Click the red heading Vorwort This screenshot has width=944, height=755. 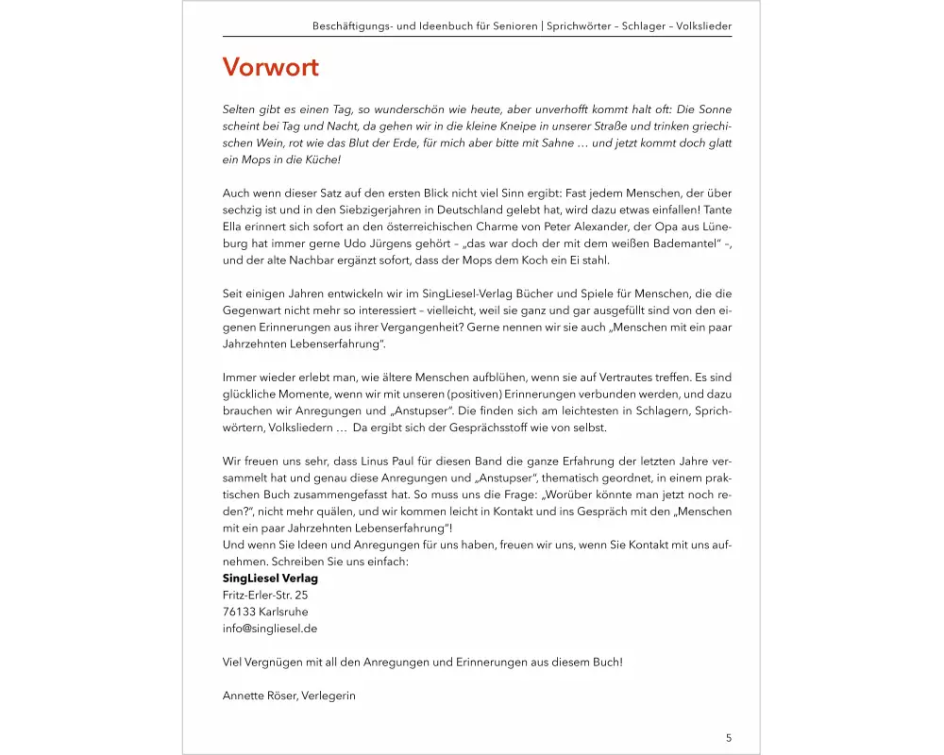[x=270, y=68]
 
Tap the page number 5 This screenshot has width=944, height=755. [x=729, y=738]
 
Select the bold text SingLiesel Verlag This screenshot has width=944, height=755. [x=270, y=578]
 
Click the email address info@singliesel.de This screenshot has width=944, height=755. [x=270, y=628]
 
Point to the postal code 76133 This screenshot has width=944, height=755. [x=239, y=612]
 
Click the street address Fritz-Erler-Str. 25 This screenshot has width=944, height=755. [x=265, y=595]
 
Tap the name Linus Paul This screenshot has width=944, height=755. [x=396, y=461]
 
